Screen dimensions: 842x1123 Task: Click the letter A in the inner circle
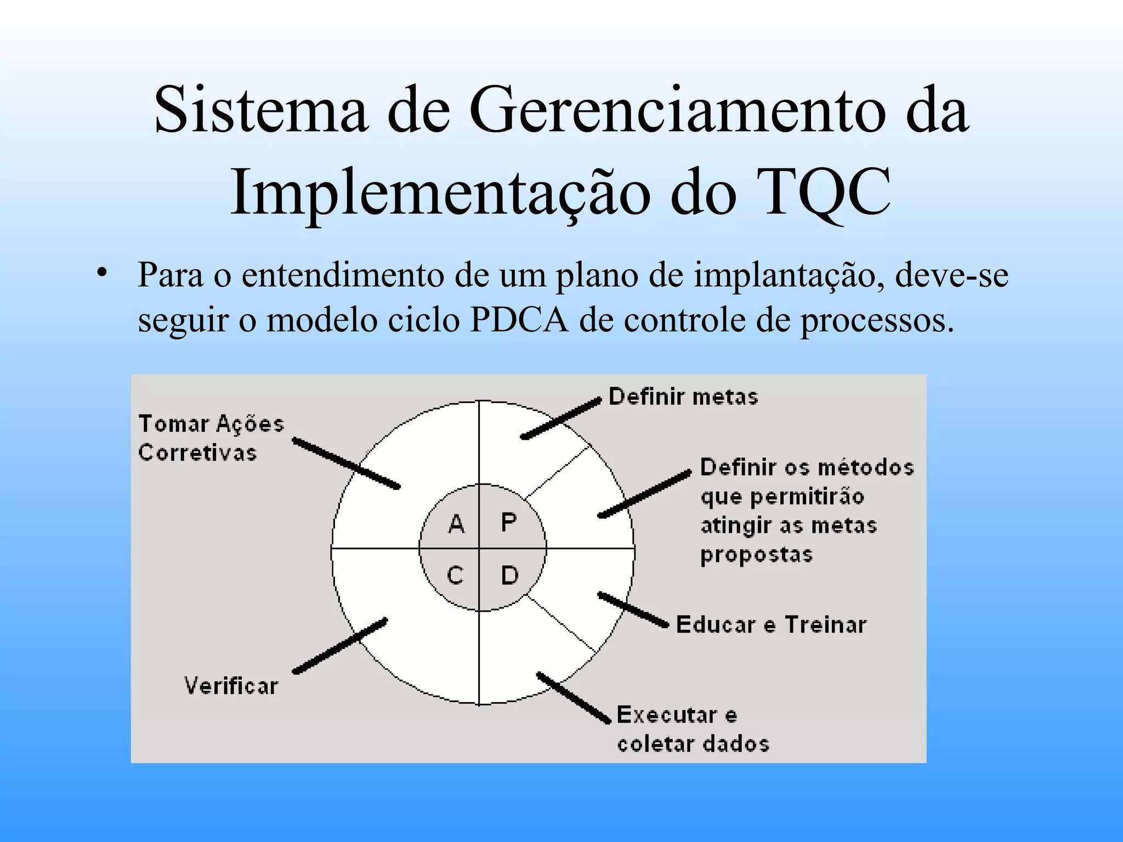click(x=456, y=524)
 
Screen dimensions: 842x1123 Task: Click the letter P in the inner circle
click(x=509, y=522)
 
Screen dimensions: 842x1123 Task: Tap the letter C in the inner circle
click(x=455, y=575)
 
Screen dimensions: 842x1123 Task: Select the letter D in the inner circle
click(x=510, y=575)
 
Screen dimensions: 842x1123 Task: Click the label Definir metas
click(x=683, y=396)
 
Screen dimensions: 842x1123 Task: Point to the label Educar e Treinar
click(x=771, y=625)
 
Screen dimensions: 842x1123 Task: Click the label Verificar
click(x=231, y=686)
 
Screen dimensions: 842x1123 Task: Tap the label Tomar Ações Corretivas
click(x=211, y=438)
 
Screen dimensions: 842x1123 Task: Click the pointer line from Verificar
click(x=340, y=646)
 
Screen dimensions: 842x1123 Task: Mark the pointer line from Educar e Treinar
click(x=633, y=609)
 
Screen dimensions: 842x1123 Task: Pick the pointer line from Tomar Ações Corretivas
click(x=346, y=463)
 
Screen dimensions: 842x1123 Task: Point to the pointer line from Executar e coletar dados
click(x=574, y=697)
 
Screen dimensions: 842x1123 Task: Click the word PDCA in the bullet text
click(x=519, y=320)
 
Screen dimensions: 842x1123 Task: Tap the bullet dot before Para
click(x=100, y=272)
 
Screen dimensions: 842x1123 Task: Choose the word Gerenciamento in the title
click(x=677, y=110)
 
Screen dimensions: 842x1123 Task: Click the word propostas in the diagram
click(x=757, y=555)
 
